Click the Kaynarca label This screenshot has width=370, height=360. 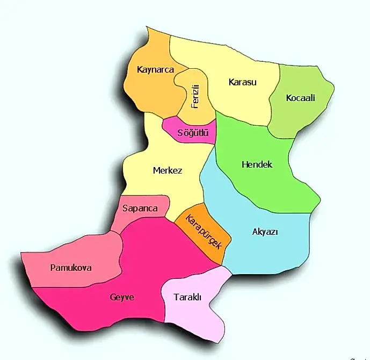[156, 70]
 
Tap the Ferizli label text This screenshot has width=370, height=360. [196, 96]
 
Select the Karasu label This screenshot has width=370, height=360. [243, 82]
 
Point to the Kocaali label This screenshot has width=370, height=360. [300, 98]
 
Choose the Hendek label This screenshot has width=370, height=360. [257, 164]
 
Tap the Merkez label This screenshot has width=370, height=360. [168, 171]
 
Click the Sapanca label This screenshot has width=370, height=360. [140, 208]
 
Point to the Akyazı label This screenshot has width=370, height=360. [265, 232]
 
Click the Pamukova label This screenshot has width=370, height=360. [71, 268]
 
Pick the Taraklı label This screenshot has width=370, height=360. [187, 297]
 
